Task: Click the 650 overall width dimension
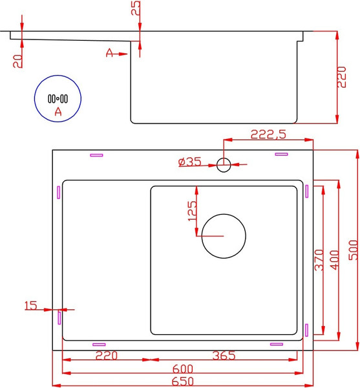coord(183,382)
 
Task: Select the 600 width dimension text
coord(183,369)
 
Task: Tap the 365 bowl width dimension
coord(224,356)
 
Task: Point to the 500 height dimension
coord(353,250)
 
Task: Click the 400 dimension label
coord(335,260)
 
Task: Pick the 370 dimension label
coord(319,260)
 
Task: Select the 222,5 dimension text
coord(268,135)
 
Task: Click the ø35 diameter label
coord(189,162)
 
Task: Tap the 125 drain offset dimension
coord(193,211)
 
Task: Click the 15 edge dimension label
coord(31,305)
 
